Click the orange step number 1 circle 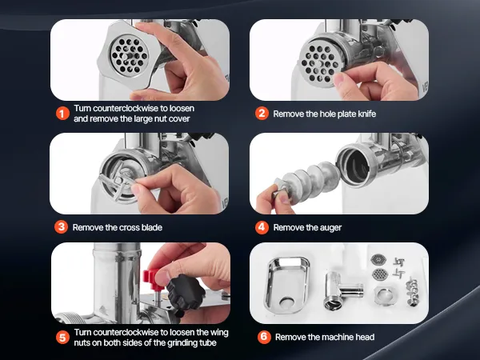tap(62, 114)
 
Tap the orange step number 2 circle tap(262, 114)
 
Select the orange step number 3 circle tap(62, 227)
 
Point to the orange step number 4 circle tap(262, 227)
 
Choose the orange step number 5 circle tap(62, 338)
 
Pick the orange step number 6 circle tap(264, 337)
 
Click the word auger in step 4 tap(330, 228)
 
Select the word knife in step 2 tap(366, 114)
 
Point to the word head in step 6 tap(365, 337)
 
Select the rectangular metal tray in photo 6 tap(287, 285)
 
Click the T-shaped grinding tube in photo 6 tap(342, 290)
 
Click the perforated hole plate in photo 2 tap(321, 64)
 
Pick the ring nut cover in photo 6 tap(385, 296)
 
